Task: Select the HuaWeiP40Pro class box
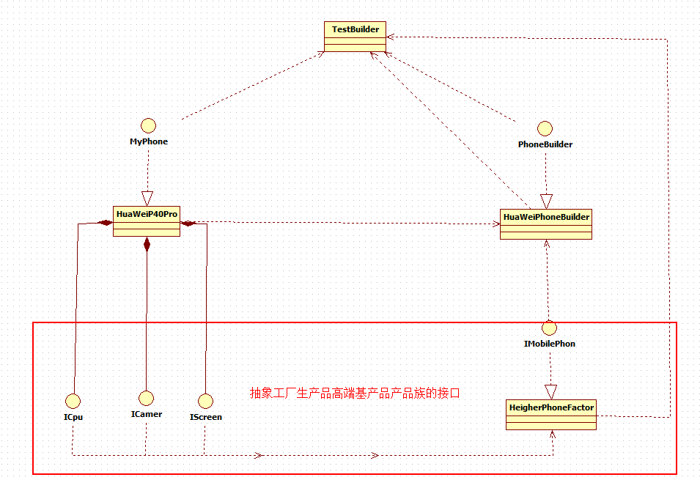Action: pyautogui.click(x=147, y=221)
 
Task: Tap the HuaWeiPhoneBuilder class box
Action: pyautogui.click(x=546, y=224)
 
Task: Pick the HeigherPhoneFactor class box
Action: pyautogui.click(x=551, y=414)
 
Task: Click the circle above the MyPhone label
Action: pyautogui.click(x=149, y=124)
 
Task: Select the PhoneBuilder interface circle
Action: pyautogui.click(x=545, y=128)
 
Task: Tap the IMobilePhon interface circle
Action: pyautogui.click(x=550, y=327)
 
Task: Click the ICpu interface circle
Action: pyautogui.click(x=73, y=400)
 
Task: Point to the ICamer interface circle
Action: pyautogui.click(x=146, y=398)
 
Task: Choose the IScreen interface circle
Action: pyautogui.click(x=205, y=400)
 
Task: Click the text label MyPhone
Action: pyautogui.click(x=149, y=141)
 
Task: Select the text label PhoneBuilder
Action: pyautogui.click(x=545, y=144)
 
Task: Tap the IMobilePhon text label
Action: pyautogui.click(x=550, y=343)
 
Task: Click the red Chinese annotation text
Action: pyautogui.click(x=355, y=393)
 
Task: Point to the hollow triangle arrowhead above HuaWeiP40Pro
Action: pyautogui.click(x=147, y=198)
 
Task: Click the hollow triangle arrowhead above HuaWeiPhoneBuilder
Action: pyautogui.click(x=546, y=201)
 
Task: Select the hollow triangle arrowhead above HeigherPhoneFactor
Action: pyautogui.click(x=550, y=391)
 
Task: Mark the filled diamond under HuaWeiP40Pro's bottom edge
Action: pyautogui.click(x=147, y=244)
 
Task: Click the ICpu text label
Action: pyautogui.click(x=73, y=418)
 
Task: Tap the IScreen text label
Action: pyautogui.click(x=205, y=417)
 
